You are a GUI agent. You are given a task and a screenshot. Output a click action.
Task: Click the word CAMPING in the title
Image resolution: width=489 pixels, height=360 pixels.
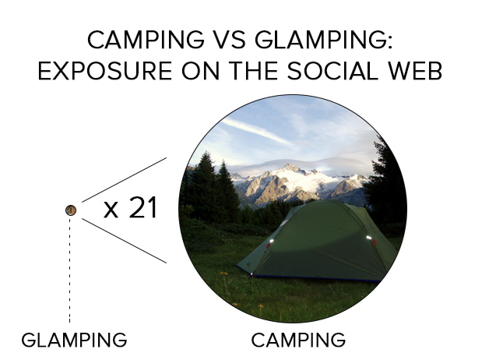point(146,40)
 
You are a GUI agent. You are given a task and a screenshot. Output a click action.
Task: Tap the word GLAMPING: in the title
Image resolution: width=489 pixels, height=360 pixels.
point(323,40)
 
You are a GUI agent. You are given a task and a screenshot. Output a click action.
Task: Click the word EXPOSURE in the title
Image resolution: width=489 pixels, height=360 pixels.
point(105,71)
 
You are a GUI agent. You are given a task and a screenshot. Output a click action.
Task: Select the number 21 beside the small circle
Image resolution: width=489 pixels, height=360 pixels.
point(143,207)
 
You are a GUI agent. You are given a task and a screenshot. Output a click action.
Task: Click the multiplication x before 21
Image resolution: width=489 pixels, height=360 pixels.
point(111,210)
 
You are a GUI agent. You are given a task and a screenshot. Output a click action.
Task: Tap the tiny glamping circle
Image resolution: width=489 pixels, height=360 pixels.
point(71,210)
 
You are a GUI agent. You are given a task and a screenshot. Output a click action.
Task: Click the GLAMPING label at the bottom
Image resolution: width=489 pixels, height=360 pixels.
point(74,340)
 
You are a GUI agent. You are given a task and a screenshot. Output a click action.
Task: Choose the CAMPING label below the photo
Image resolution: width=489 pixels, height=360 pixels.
point(298,340)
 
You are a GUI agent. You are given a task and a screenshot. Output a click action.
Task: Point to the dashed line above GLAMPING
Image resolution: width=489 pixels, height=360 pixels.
point(69,270)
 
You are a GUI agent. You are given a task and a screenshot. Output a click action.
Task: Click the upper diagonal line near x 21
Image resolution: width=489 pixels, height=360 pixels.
point(124,180)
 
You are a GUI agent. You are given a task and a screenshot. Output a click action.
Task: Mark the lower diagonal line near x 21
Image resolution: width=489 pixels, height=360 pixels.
point(124,241)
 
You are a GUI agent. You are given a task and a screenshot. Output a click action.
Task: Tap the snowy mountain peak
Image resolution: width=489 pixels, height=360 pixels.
point(291,168)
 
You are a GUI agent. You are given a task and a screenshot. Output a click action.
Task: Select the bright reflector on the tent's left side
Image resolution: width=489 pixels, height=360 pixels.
point(271,241)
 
